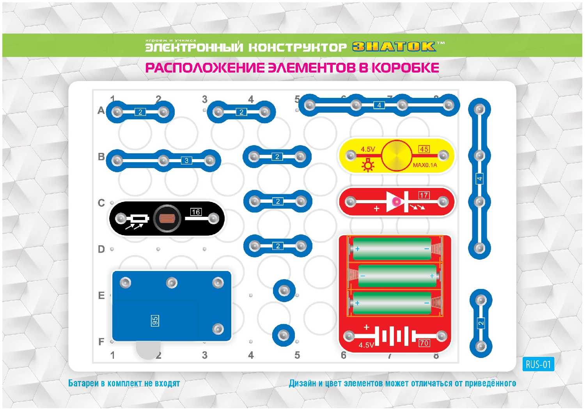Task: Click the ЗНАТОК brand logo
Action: tap(394, 47)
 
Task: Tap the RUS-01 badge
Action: tap(538, 365)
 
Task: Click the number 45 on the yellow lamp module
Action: tap(424, 149)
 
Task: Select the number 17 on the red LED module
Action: tap(424, 195)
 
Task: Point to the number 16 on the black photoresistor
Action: tap(196, 212)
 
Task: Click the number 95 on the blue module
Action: tap(155, 321)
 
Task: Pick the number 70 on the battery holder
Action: tap(424, 343)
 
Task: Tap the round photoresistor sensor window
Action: tap(167, 218)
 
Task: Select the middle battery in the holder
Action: tap(397, 276)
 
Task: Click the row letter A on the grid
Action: tap(101, 111)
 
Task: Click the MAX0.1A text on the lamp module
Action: tap(425, 165)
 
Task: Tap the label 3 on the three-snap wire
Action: tap(186, 161)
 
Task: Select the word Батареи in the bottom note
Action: tap(83, 383)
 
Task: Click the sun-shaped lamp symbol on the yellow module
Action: tap(367, 165)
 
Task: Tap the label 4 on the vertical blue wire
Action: tap(479, 179)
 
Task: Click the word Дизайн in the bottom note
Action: tap(303, 383)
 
